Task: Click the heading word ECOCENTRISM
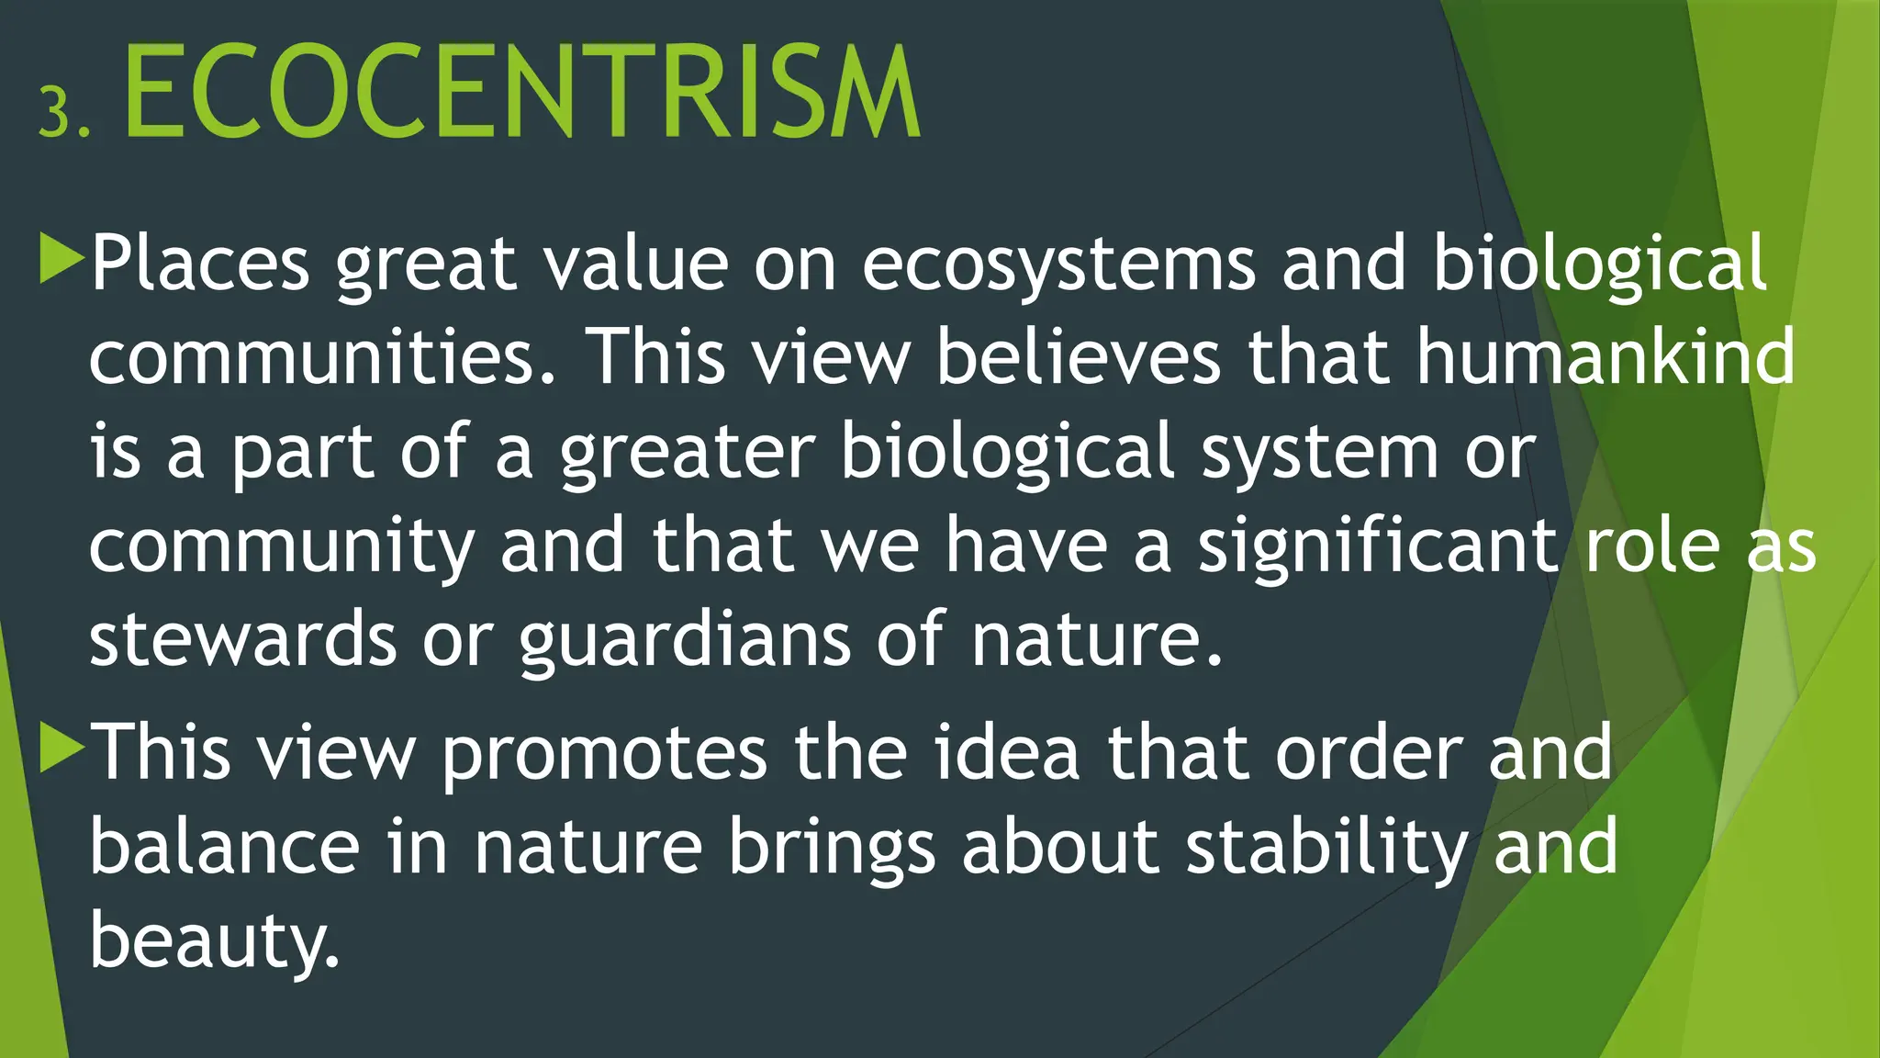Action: click(x=521, y=92)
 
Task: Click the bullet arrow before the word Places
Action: click(x=62, y=259)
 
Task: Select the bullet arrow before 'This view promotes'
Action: click(x=62, y=748)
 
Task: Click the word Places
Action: click(x=200, y=264)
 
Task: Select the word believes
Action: click(x=1078, y=356)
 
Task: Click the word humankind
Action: click(x=1605, y=356)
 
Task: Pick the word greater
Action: click(x=687, y=454)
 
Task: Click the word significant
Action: click(x=1377, y=547)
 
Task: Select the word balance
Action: click(x=225, y=847)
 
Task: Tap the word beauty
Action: click(x=215, y=942)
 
